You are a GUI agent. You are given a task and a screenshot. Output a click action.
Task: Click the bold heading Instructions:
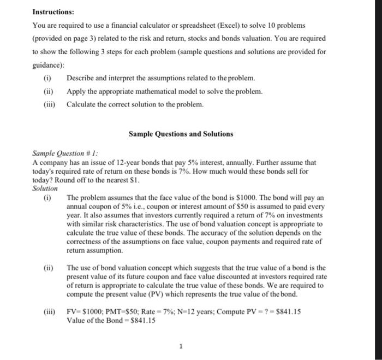(x=53, y=12)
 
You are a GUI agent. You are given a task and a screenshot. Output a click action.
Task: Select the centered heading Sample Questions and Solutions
(x=180, y=134)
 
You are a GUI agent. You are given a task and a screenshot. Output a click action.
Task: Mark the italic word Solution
(x=45, y=187)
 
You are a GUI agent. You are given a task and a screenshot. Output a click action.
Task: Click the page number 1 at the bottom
(x=180, y=345)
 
